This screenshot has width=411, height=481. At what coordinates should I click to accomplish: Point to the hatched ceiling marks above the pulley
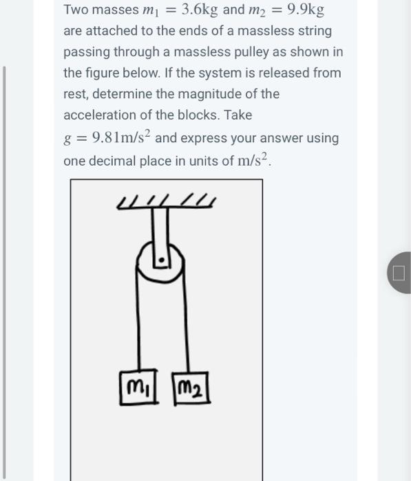click(165, 201)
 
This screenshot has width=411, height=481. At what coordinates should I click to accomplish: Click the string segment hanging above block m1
click(140, 323)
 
